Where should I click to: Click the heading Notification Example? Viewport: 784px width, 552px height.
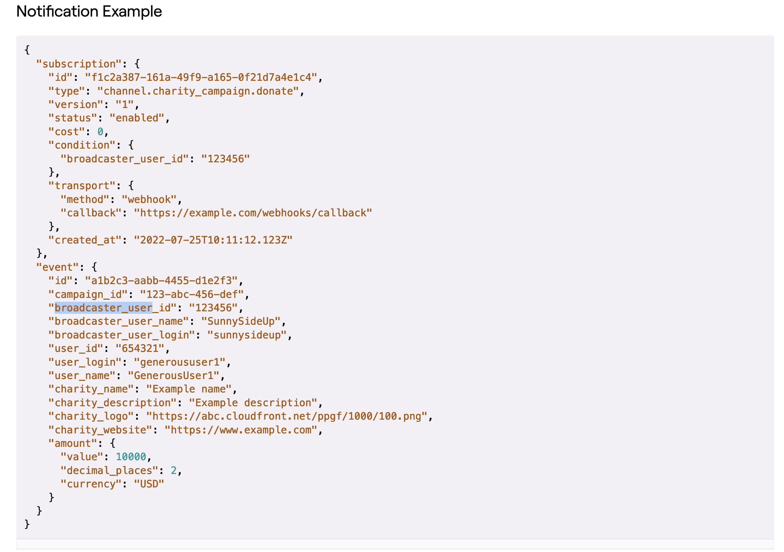pos(89,12)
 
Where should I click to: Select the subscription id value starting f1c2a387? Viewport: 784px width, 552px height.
pos(201,77)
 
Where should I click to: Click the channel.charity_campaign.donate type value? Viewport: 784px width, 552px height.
pos(198,91)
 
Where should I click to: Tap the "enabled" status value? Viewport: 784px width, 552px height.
pos(137,118)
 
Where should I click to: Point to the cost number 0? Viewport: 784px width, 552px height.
pos(100,132)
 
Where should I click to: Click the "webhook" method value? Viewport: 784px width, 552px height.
pos(149,199)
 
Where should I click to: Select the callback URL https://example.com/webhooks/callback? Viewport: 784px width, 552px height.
pos(253,213)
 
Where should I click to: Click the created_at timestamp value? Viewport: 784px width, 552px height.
pos(213,240)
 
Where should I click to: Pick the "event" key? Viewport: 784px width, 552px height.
pos(58,267)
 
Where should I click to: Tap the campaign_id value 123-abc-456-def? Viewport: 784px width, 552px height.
pos(192,294)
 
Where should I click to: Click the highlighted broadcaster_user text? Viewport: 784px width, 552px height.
pos(103,308)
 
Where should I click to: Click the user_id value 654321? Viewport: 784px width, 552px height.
pos(140,348)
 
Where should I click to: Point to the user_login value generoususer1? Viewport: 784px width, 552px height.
pos(180,362)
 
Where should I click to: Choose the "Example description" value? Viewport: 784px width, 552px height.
pos(253,403)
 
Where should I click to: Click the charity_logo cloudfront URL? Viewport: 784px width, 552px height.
pos(287,416)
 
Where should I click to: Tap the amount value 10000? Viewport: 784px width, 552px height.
pos(131,457)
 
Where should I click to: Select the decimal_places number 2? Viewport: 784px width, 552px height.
pos(174,470)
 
